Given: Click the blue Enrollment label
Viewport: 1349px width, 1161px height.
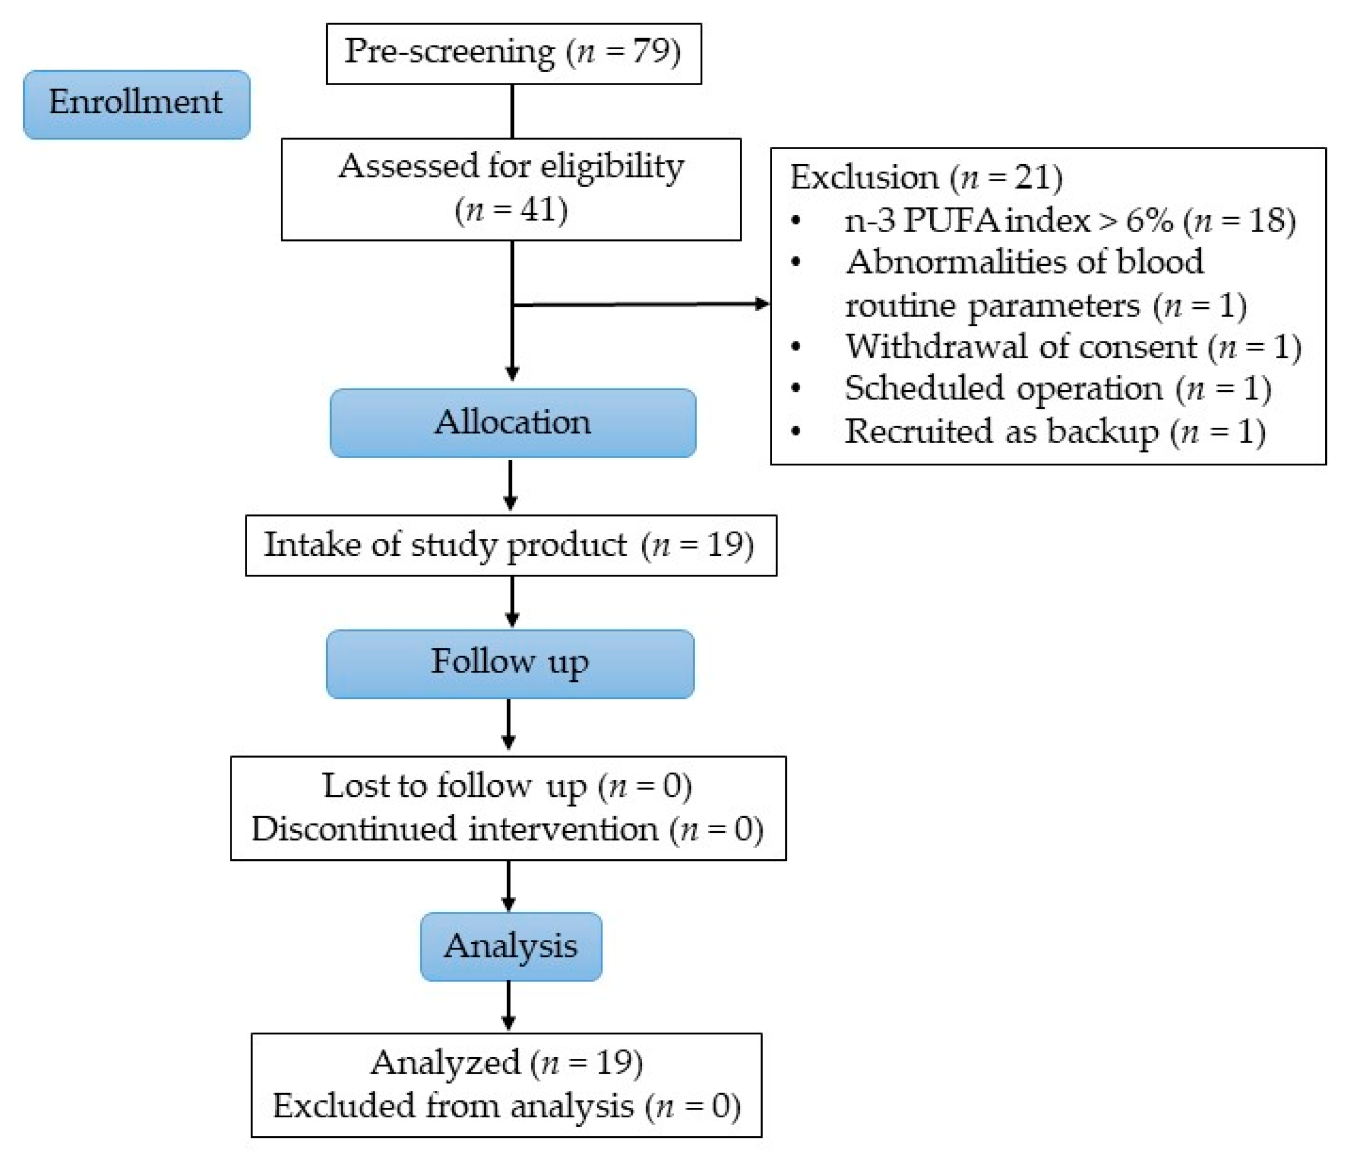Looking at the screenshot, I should tap(136, 104).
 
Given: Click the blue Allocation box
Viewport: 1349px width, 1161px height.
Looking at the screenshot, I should tap(512, 423).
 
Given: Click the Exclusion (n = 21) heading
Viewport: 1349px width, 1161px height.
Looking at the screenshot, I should tap(925, 178).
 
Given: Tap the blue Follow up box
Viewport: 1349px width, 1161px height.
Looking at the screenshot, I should tap(510, 664).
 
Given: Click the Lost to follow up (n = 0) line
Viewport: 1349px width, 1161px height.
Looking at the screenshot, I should tap(507, 786).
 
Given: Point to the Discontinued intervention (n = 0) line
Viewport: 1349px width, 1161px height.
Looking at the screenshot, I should tap(507, 829).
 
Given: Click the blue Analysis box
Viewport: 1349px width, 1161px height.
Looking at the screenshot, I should tap(511, 946).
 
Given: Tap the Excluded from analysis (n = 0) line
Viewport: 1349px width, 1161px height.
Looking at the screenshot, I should tap(507, 1106).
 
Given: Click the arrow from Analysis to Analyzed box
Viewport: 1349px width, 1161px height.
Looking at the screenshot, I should tap(509, 1007).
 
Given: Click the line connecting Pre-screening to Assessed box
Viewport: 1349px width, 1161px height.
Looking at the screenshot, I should tap(512, 111).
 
